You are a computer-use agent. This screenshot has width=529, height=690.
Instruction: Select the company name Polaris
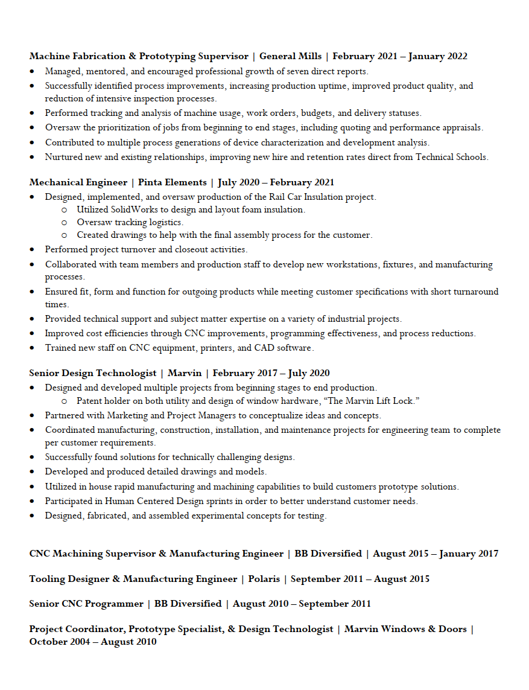point(264,579)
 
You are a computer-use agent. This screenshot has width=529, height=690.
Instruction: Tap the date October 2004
point(58,642)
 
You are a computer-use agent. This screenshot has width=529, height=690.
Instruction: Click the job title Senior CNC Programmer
point(86,604)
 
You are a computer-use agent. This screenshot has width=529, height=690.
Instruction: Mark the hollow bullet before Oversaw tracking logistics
point(65,222)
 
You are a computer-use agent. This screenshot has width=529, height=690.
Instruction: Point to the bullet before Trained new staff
point(33,348)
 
